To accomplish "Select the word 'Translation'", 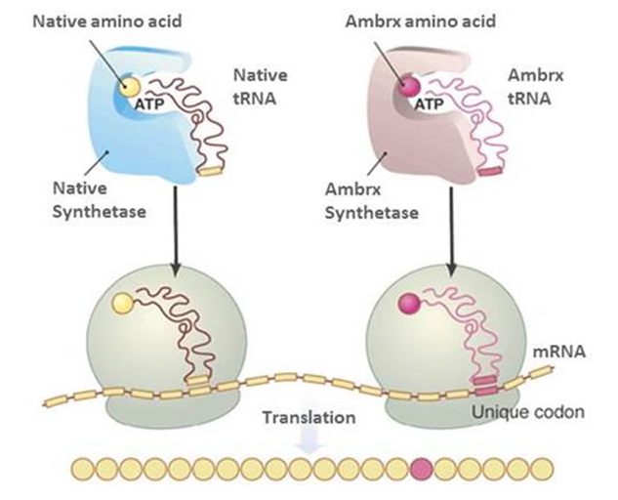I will point(309,417).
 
